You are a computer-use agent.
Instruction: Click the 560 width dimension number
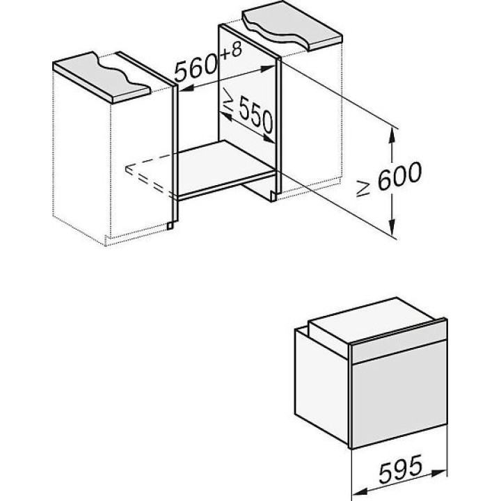[x=197, y=69]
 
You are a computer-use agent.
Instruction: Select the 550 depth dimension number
[x=255, y=116]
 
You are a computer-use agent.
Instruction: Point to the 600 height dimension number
[x=399, y=175]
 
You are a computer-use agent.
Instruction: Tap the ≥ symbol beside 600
[x=364, y=189]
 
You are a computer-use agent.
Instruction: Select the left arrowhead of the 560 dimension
[x=187, y=89]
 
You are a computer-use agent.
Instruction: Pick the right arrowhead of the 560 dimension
[x=268, y=68]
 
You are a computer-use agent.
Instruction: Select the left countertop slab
[x=102, y=77]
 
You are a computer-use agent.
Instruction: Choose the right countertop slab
[x=292, y=26]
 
